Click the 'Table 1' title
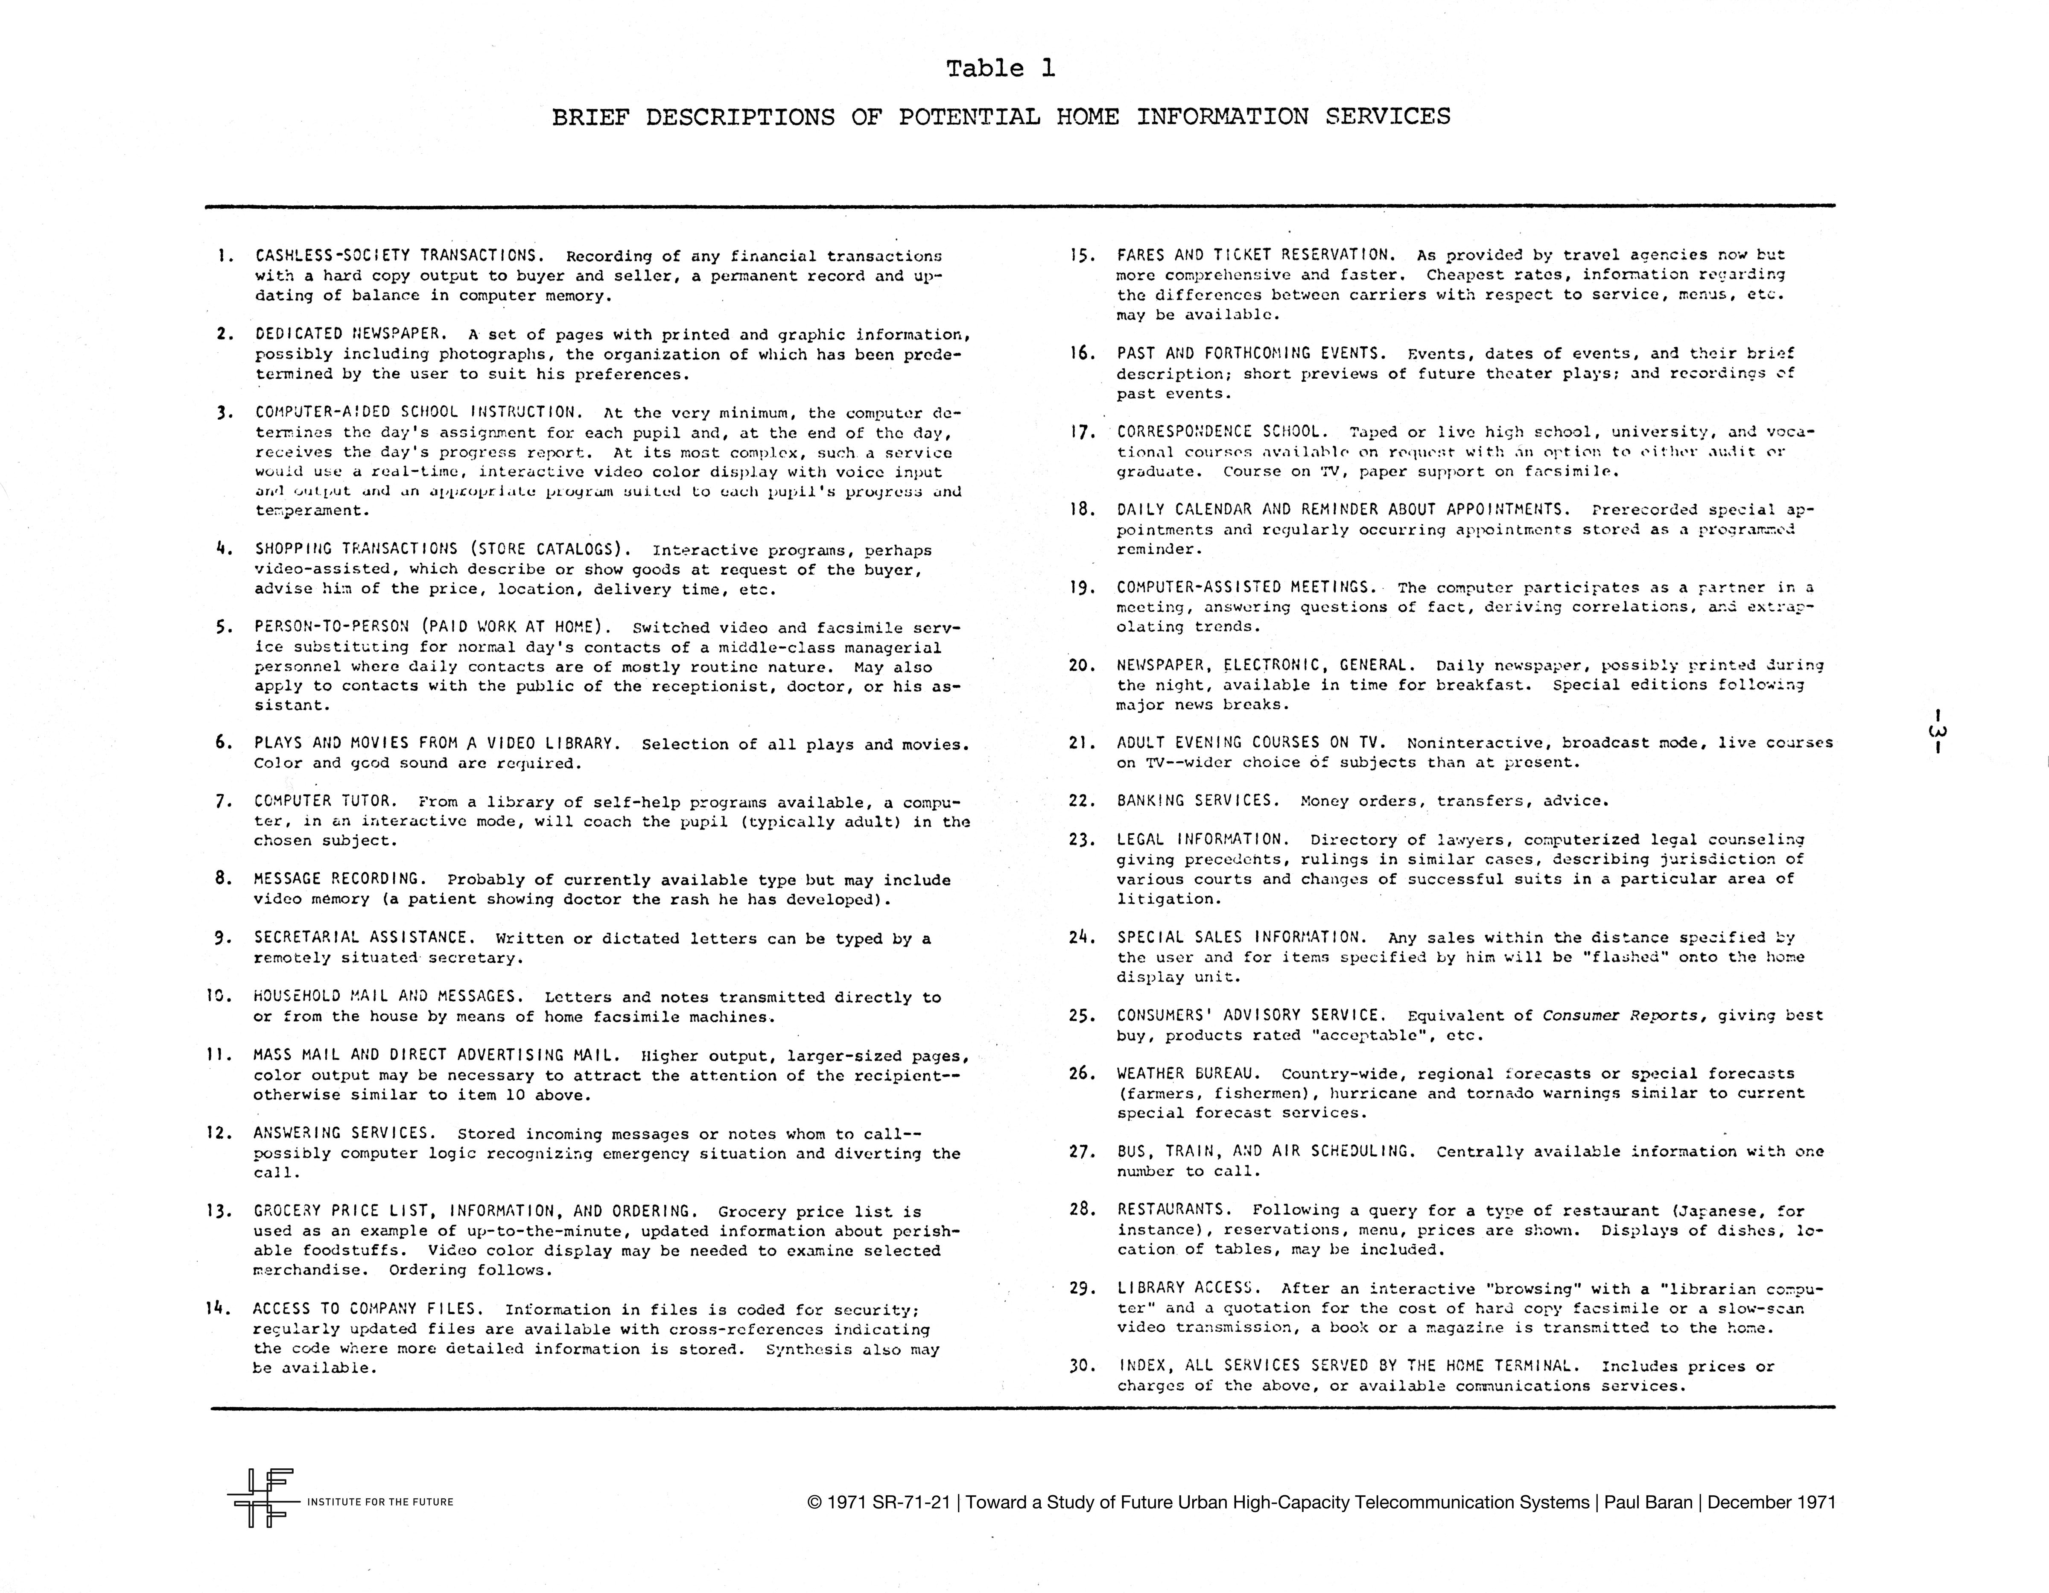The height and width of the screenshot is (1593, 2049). pos(1000,68)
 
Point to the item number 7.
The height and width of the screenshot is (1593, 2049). pos(223,801)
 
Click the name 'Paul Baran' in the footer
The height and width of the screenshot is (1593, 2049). pos(1649,1502)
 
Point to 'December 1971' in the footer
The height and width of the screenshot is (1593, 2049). pos(1771,1502)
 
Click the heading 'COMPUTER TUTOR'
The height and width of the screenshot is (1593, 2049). pos(326,801)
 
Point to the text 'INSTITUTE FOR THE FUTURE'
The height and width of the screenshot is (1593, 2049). pos(380,1502)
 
